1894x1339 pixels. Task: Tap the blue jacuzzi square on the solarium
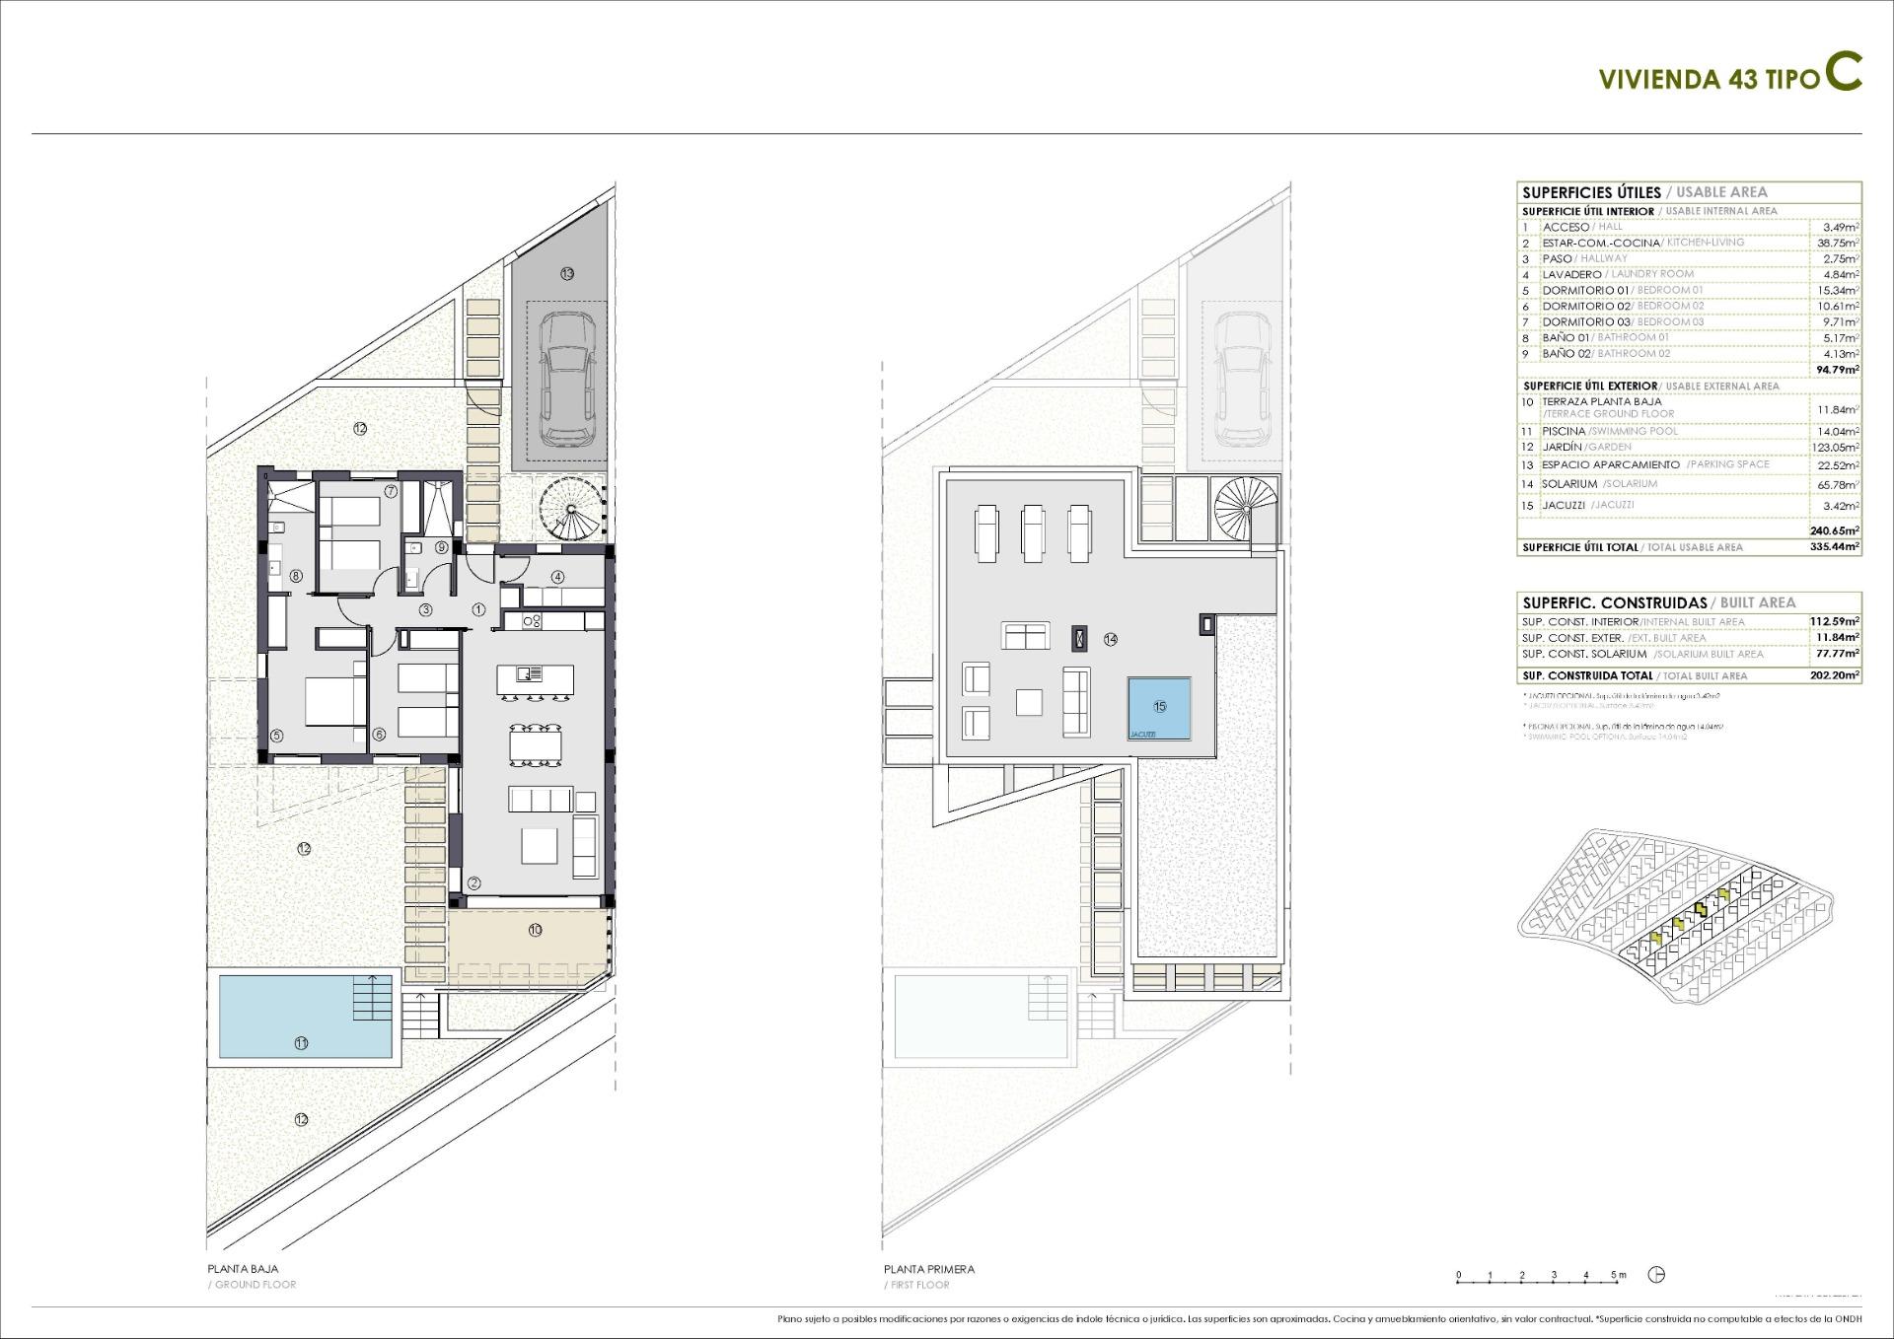[1159, 708]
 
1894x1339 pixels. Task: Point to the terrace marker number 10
[535, 930]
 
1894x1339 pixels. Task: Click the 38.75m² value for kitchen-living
[1838, 243]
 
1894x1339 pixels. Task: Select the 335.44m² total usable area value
[1836, 547]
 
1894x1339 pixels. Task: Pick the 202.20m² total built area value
[1836, 676]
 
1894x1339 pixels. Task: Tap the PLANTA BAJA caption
[243, 1269]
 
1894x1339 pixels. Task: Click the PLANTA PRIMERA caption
[928, 1269]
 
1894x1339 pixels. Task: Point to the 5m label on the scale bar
[1619, 1275]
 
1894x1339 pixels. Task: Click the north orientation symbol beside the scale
[1656, 1275]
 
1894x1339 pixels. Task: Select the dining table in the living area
[535, 743]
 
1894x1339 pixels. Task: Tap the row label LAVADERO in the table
[1572, 274]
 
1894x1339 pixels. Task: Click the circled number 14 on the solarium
[1111, 639]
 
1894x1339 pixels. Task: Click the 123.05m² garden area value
[1838, 448]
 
